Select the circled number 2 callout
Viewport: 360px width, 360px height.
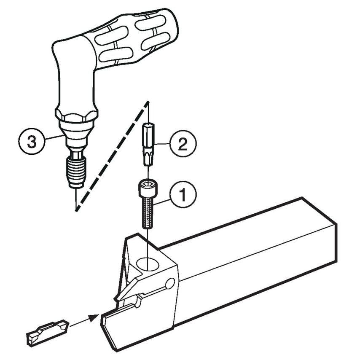tap(183, 144)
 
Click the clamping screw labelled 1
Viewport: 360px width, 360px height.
tap(148, 211)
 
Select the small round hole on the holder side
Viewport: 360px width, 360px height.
tap(170, 283)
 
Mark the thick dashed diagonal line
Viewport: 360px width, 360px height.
tap(112, 156)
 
